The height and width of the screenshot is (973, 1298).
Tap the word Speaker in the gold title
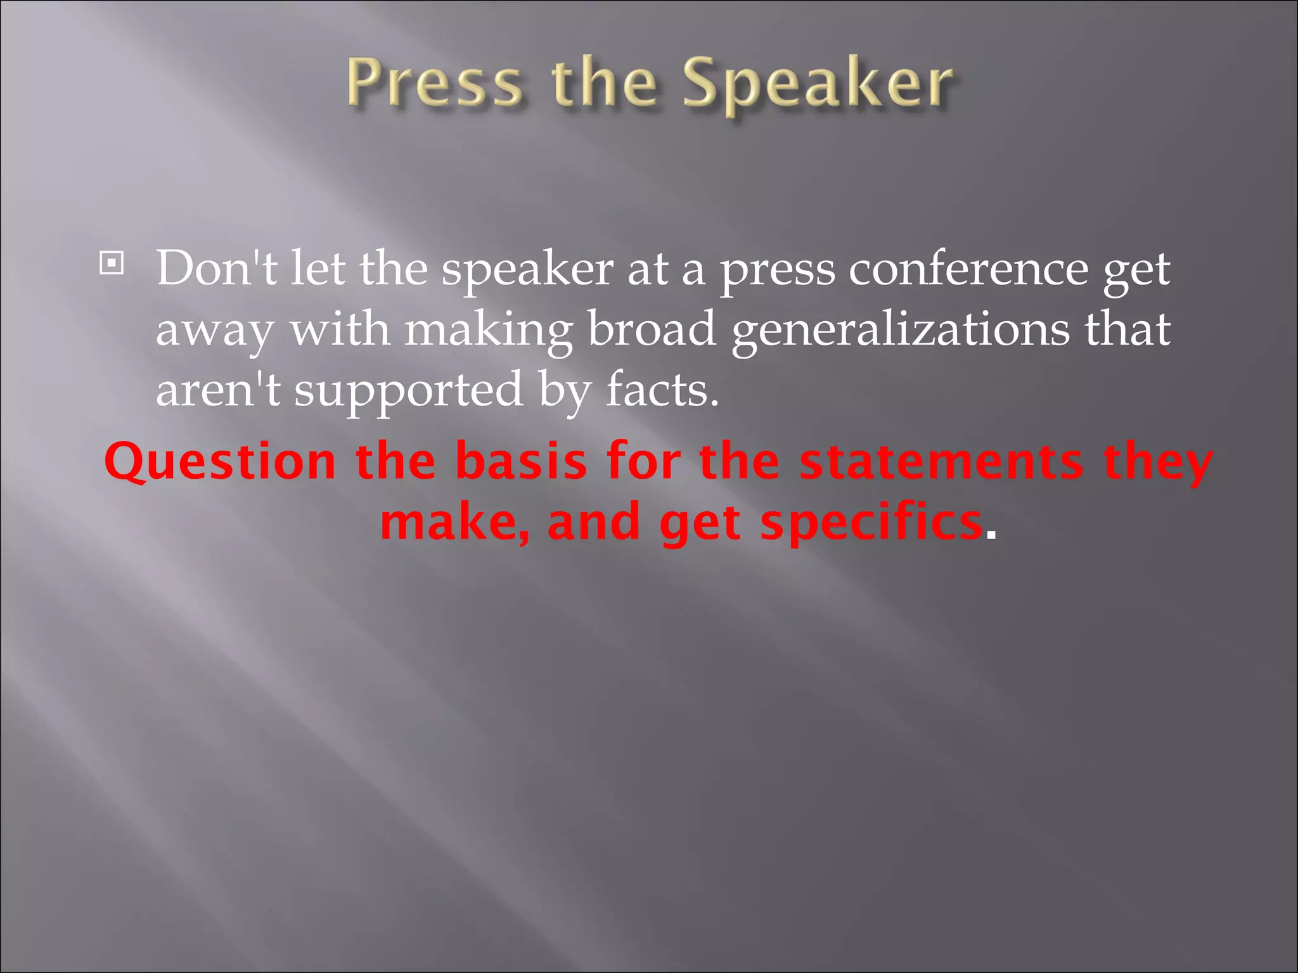[x=817, y=85]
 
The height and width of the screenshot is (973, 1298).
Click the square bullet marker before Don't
[x=112, y=263]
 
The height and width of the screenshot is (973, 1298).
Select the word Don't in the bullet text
[x=216, y=269]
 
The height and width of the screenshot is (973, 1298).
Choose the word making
[x=488, y=331]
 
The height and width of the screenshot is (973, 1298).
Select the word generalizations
[x=900, y=331]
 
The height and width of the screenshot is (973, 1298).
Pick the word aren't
[x=217, y=389]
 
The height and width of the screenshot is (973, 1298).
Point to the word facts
[x=662, y=389]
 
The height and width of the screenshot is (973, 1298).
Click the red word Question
[x=220, y=462]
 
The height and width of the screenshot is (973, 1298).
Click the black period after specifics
[x=991, y=536]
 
